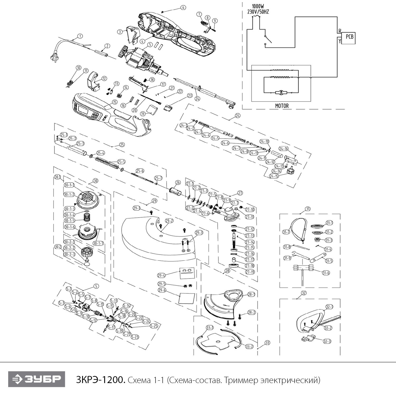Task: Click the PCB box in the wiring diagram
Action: [348, 37]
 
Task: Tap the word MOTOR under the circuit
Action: [282, 106]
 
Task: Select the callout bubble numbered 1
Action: [80, 36]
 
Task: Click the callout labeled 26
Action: [178, 182]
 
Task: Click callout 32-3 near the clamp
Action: [327, 341]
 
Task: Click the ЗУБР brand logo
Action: [36, 379]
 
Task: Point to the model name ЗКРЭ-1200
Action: [100, 380]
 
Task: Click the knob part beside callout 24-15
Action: [291, 170]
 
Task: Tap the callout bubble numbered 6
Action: [183, 7]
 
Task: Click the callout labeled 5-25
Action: [154, 326]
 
